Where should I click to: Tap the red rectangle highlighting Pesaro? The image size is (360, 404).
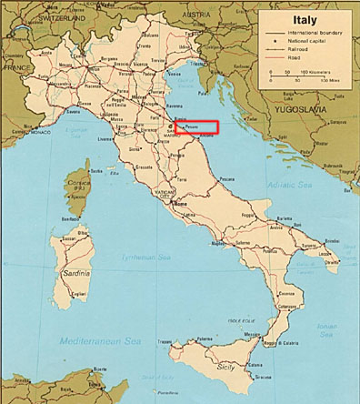tap(198, 127)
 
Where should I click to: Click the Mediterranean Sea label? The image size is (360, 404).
tap(89, 339)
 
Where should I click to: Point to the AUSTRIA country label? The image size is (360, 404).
tap(208, 15)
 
